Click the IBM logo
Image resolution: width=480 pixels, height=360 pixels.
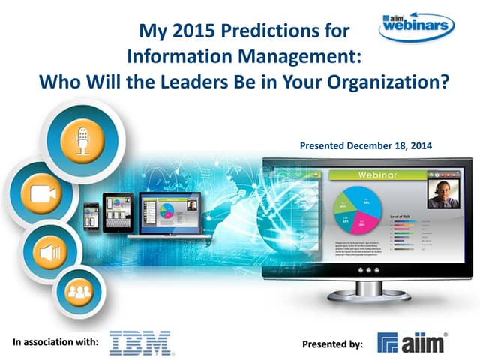(140, 342)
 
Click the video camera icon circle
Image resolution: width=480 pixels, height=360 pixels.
(40, 193)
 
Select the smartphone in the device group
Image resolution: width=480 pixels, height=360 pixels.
(91, 218)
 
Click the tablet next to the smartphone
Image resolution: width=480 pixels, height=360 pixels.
(117, 214)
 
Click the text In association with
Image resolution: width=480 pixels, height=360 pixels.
(56, 342)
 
